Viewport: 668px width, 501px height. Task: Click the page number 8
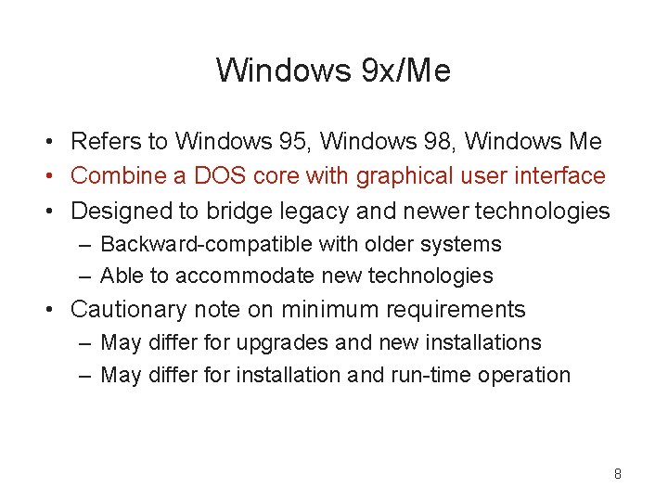[617, 474]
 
